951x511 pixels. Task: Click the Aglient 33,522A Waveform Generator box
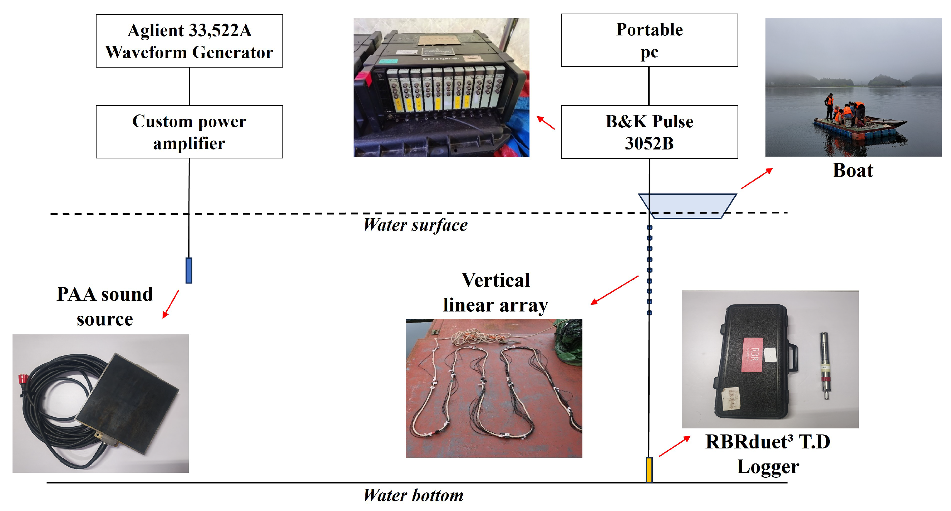pyautogui.click(x=189, y=41)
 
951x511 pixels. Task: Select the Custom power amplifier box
pyautogui.click(x=189, y=132)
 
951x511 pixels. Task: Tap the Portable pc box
pyautogui.click(x=649, y=40)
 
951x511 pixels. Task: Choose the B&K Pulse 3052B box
pyautogui.click(x=649, y=132)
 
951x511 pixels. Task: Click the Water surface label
pyautogui.click(x=415, y=225)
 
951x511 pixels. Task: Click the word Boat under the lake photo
pyautogui.click(x=853, y=171)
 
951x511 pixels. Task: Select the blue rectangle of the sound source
pyautogui.click(x=189, y=271)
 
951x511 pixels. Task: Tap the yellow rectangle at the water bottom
pyautogui.click(x=649, y=469)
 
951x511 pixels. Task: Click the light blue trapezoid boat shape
pyautogui.click(x=687, y=205)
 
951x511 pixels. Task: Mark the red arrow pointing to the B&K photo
pyautogui.click(x=546, y=123)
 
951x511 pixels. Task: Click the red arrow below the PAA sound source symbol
pyautogui.click(x=171, y=304)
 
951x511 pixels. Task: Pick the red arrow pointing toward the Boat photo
pyautogui.click(x=757, y=178)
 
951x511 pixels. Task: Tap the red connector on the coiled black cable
pyautogui.click(x=23, y=378)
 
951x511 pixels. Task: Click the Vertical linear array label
pyautogui.click(x=496, y=293)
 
